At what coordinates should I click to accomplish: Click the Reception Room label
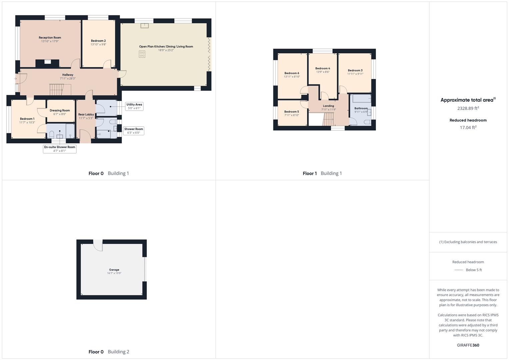pos(50,38)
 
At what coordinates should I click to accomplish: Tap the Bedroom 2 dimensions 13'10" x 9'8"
pos(98,45)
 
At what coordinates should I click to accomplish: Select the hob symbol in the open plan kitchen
pos(142,54)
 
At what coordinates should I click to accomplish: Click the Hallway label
pos(68,75)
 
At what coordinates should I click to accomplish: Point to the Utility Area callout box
pos(134,106)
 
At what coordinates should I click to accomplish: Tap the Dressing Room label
pos(60,110)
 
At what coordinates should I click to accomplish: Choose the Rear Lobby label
pos(86,114)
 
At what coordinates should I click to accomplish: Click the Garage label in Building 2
pos(114,270)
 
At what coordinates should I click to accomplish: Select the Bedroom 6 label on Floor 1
pos(292,73)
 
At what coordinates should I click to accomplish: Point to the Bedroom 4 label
pos(323,68)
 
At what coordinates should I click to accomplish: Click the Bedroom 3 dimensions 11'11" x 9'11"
pos(355,74)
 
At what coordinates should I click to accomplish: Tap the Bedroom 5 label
pos(292,112)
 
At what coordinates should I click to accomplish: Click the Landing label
pos(328,106)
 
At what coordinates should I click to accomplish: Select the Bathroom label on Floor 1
pos(361,108)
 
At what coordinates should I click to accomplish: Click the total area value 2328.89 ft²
pos(468,108)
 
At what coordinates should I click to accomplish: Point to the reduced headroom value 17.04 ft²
pos(468,127)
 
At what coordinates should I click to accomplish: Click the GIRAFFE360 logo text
pos(468,345)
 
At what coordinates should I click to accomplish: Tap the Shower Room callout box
pos(134,131)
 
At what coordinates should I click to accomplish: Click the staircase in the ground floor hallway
pos(56,90)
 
